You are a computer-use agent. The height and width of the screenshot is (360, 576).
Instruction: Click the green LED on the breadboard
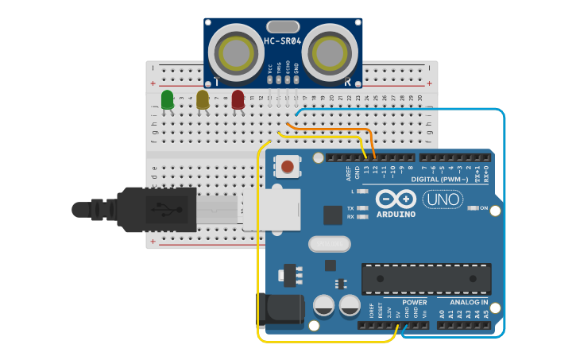tap(168, 99)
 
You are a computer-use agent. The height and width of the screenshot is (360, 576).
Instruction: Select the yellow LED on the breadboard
tap(203, 99)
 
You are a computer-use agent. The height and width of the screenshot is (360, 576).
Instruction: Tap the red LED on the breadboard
tap(238, 99)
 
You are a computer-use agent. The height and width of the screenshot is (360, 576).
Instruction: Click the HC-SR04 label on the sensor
tap(283, 41)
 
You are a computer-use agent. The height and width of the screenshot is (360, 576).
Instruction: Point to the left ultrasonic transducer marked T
tap(236, 52)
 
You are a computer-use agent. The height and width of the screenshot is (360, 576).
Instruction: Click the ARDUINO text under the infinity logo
tap(396, 214)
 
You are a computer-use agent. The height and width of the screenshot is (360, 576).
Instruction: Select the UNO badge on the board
tap(443, 199)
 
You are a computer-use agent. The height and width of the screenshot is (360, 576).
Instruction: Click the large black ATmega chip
tap(426, 279)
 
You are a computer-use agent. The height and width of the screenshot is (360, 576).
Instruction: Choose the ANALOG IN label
tap(469, 302)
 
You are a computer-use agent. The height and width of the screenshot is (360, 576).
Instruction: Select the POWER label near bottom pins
tap(414, 302)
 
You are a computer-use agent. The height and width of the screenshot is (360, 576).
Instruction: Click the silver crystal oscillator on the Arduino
tap(329, 244)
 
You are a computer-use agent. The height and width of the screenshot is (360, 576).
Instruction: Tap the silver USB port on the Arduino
tap(273, 209)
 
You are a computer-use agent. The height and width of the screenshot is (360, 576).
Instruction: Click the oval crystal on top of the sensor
tap(283, 27)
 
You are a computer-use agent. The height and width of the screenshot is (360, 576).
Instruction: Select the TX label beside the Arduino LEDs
tap(350, 208)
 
